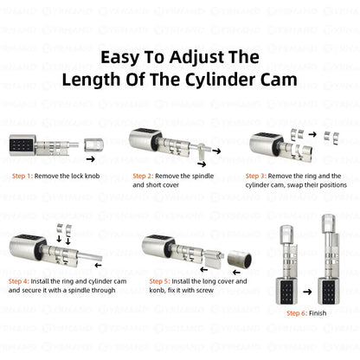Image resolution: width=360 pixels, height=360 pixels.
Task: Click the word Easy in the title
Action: tap(125, 58)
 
